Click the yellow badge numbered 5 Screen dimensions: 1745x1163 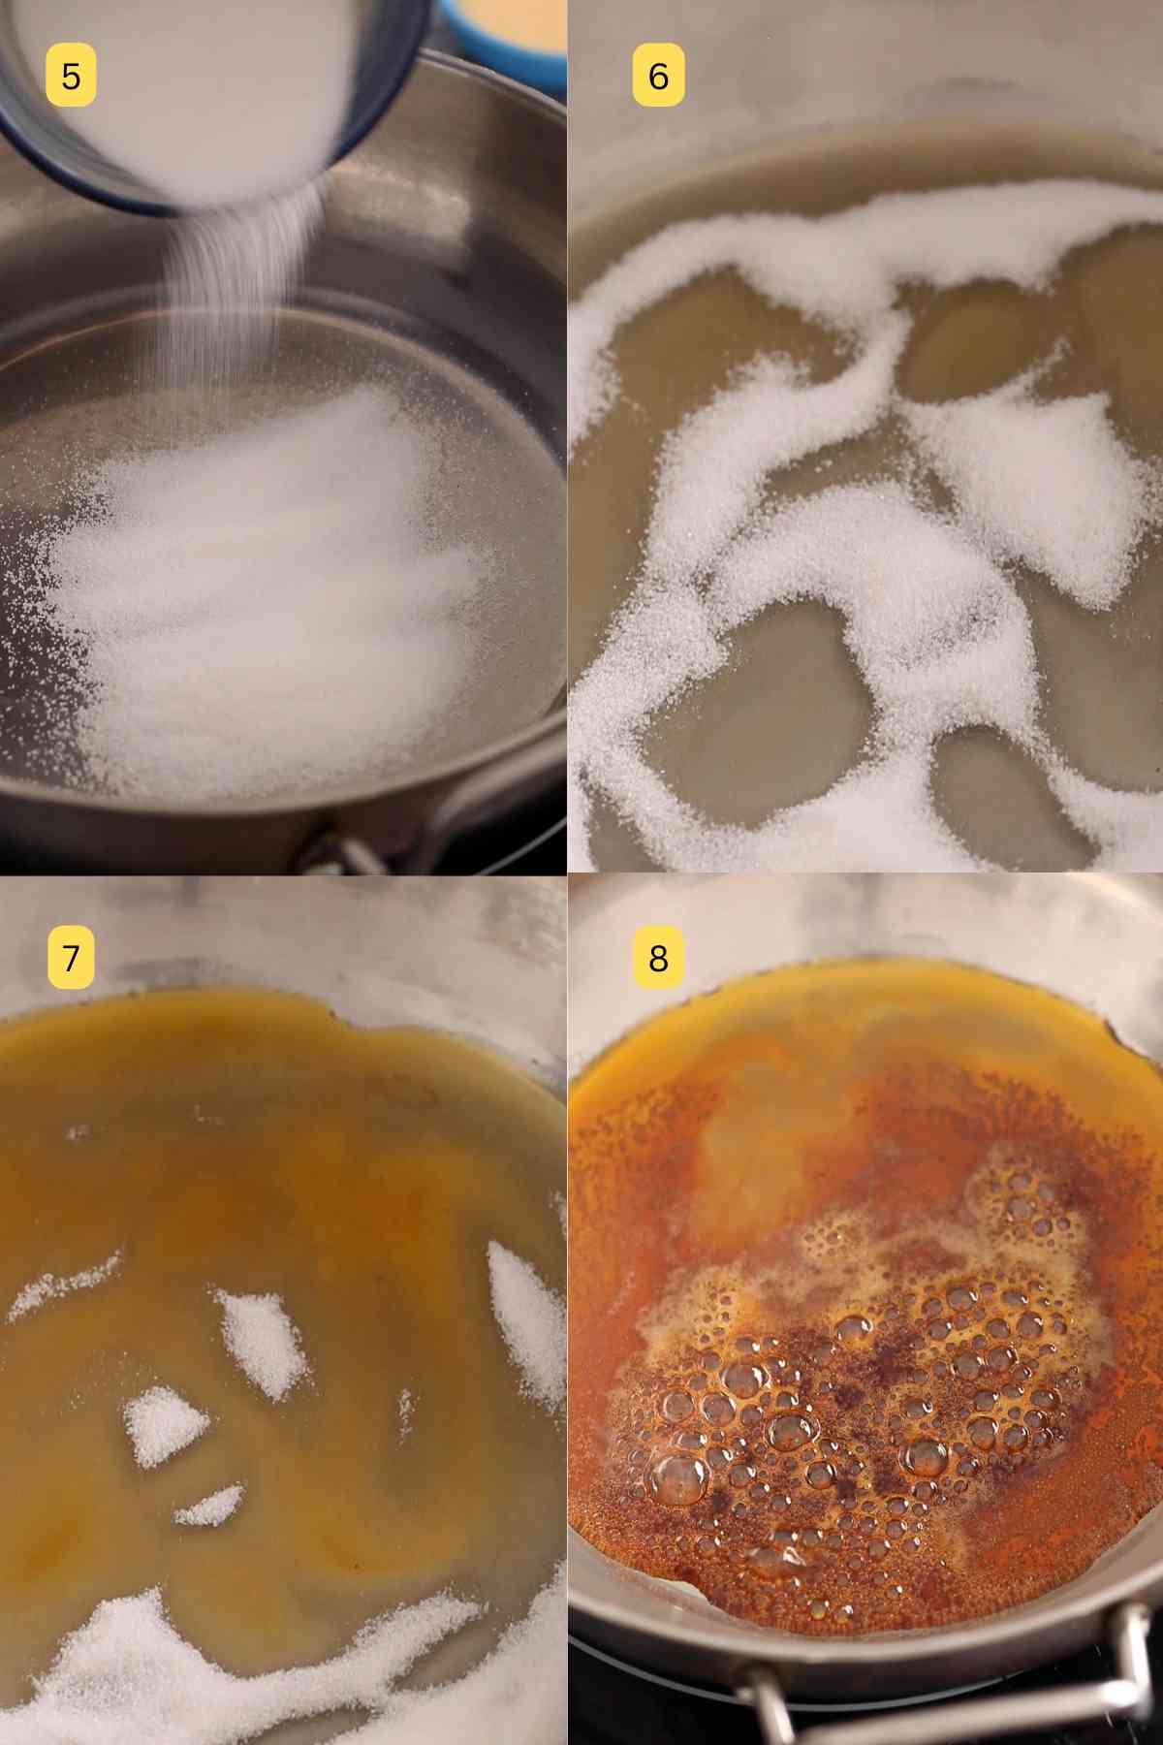(71, 76)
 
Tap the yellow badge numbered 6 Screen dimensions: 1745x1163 (658, 76)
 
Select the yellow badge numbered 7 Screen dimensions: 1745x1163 (71, 957)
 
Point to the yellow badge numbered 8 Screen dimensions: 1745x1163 (658, 957)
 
